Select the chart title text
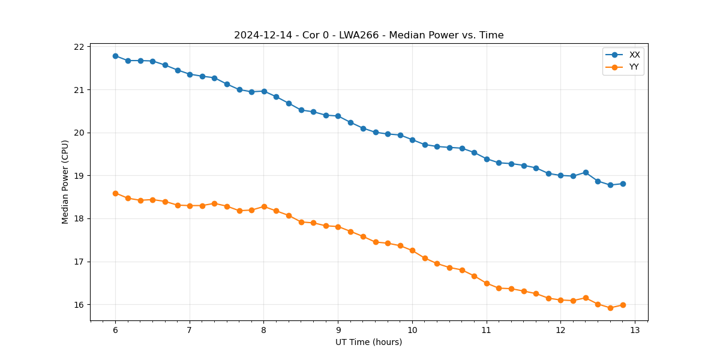click(368, 35)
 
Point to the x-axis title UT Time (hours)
click(368, 342)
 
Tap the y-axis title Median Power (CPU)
click(65, 182)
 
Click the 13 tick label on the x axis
click(635, 331)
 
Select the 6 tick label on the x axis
click(115, 331)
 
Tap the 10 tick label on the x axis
click(412, 331)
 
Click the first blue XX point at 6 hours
click(115, 56)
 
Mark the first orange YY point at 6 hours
click(115, 193)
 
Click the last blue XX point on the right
click(623, 184)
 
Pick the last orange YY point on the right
click(623, 305)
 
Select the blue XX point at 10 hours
click(412, 140)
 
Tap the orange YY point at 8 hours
click(264, 206)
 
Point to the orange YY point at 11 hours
click(487, 283)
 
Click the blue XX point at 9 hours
click(338, 116)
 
